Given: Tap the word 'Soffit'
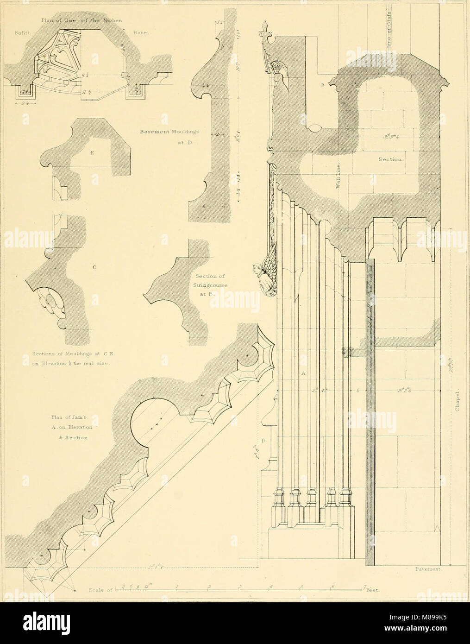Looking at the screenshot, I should point(13,33).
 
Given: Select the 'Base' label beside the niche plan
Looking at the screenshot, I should point(139,33).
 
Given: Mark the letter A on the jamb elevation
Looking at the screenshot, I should point(303,373).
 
